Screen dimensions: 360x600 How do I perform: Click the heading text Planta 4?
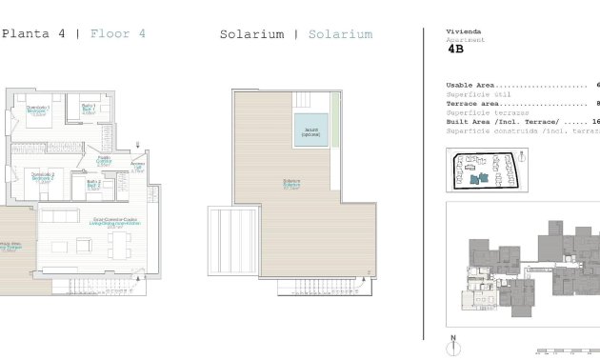click(x=34, y=34)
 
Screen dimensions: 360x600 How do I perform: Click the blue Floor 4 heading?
click(x=118, y=34)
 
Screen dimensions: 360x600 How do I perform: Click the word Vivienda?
click(x=464, y=31)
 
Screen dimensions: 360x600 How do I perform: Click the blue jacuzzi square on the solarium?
click(x=310, y=130)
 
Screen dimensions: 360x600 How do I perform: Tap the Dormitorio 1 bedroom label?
click(x=39, y=110)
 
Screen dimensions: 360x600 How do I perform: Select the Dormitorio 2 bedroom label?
click(x=43, y=176)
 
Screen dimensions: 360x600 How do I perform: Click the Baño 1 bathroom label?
click(x=88, y=110)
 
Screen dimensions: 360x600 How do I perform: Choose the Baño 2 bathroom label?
click(x=93, y=185)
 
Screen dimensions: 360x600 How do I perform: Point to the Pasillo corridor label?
click(x=105, y=162)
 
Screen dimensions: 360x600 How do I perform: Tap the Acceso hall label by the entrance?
click(x=137, y=169)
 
